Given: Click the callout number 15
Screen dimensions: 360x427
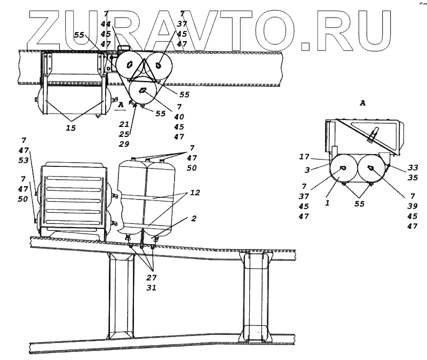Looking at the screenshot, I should click(x=71, y=128).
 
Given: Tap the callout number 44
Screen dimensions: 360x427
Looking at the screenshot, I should click(x=105, y=25).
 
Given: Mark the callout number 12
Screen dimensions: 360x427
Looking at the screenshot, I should click(x=194, y=193).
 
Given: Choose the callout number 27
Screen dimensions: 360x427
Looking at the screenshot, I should click(x=152, y=277).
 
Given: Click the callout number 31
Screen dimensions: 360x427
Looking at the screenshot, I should click(x=152, y=288).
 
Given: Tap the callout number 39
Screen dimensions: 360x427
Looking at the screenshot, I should click(x=412, y=206).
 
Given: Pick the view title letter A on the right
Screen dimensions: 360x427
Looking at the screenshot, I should click(x=362, y=103).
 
